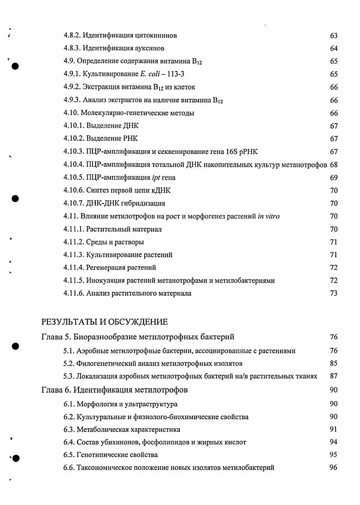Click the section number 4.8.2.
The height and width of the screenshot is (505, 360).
[72, 35]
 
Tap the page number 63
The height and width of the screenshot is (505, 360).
[334, 35]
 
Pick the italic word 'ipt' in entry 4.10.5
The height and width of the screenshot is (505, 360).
[156, 178]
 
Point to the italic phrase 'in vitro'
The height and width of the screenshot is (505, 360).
[268, 217]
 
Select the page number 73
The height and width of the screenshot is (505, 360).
[334, 294]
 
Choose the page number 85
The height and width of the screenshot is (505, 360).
[334, 363]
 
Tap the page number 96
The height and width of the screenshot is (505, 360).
[334, 468]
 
